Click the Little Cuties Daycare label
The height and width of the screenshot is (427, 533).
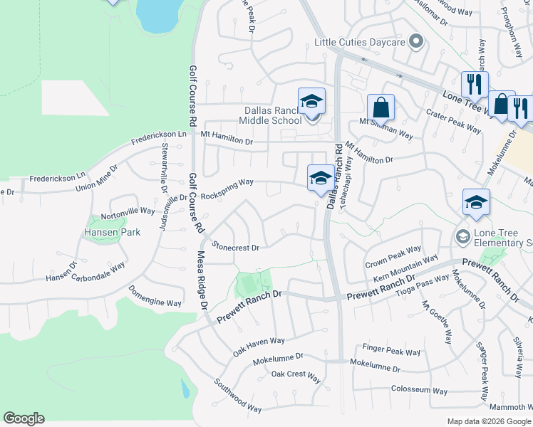pyautogui.click(x=360, y=42)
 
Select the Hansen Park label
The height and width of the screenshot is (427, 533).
pyautogui.click(x=113, y=232)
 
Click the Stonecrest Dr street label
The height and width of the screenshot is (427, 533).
pyautogui.click(x=234, y=247)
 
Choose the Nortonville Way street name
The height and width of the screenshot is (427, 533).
pyautogui.click(x=128, y=211)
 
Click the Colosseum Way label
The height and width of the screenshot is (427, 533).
pyautogui.click(x=419, y=391)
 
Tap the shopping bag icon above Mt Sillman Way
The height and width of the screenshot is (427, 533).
pyautogui.click(x=381, y=107)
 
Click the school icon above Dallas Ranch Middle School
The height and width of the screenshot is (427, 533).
pyautogui.click(x=311, y=101)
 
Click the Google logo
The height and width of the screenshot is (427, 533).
pyautogui.click(x=24, y=418)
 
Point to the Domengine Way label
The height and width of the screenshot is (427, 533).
pyautogui.click(x=155, y=296)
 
